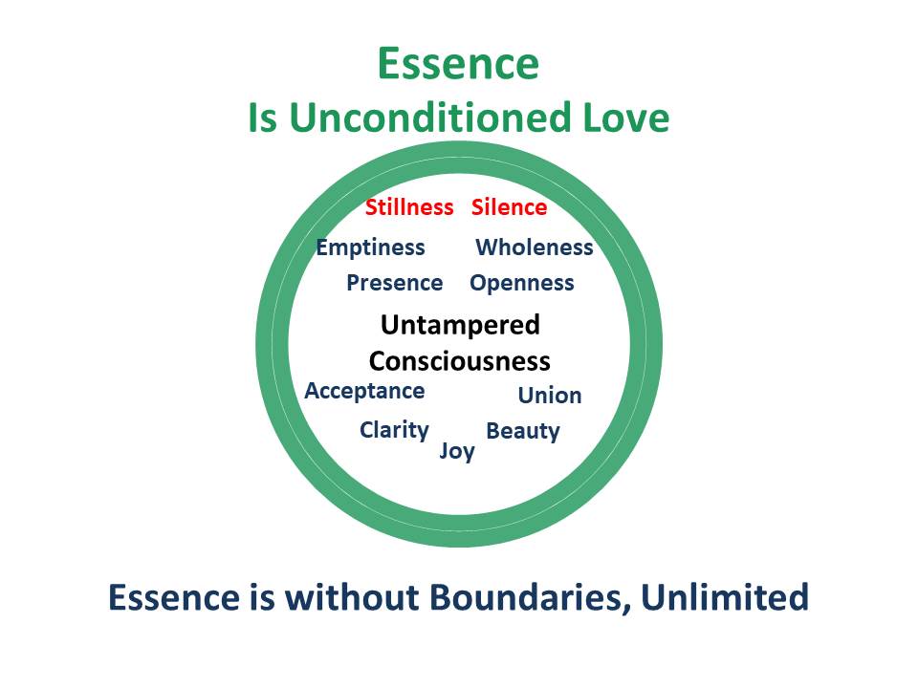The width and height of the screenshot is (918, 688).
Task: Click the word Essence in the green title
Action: click(x=458, y=63)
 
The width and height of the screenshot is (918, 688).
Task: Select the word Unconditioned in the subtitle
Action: click(x=430, y=118)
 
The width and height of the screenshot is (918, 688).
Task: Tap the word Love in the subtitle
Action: click(x=625, y=118)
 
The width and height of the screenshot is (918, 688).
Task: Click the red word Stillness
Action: click(x=409, y=207)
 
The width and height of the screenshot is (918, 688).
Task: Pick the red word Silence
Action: click(x=510, y=207)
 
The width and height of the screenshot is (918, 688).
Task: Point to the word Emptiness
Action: click(x=371, y=247)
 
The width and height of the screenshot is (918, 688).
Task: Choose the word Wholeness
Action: click(x=535, y=247)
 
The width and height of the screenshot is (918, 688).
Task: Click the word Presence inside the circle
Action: click(x=395, y=283)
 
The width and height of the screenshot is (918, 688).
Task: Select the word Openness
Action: click(x=522, y=283)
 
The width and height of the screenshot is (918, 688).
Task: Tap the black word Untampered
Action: click(x=460, y=325)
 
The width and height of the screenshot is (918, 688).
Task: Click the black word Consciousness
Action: click(x=460, y=361)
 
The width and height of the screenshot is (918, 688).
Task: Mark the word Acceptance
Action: click(x=364, y=391)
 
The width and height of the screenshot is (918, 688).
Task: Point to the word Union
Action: click(x=550, y=396)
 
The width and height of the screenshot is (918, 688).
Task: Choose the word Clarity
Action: click(x=394, y=430)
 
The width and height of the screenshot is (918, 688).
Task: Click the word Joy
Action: click(x=457, y=451)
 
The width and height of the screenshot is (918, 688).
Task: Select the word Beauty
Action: click(x=523, y=431)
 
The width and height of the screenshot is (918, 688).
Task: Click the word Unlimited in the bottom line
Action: click(x=726, y=597)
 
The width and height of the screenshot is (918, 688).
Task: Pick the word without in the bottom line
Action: click(x=352, y=597)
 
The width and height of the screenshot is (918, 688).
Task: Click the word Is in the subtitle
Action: click(x=263, y=118)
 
